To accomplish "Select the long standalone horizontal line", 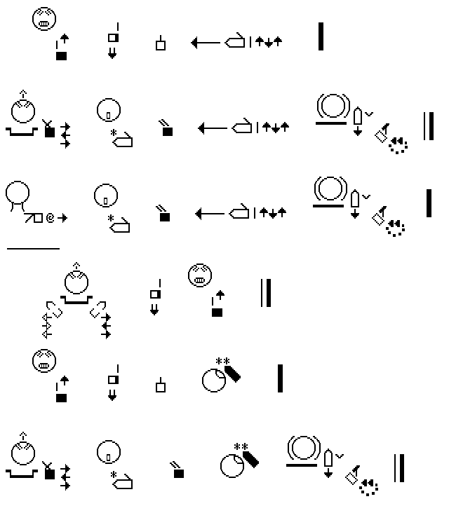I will click(x=33, y=248).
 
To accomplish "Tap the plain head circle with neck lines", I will click(x=18, y=193).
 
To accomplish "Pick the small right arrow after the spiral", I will click(x=63, y=219).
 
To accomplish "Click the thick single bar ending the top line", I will click(x=321, y=36).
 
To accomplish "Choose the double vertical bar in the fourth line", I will click(x=266, y=293).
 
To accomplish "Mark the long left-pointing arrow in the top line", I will click(x=206, y=43).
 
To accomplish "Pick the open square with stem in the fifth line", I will click(x=161, y=385).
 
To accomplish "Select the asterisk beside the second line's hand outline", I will click(x=112, y=132).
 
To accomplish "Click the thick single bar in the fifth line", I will click(x=281, y=378).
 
